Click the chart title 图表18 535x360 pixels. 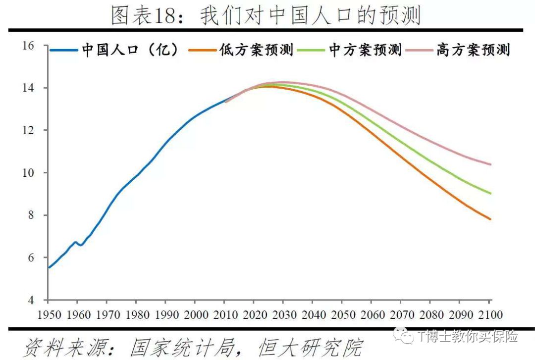pyautogui.click(x=266, y=16)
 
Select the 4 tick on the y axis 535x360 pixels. pyautogui.click(x=31, y=300)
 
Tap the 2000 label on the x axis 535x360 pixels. pyautogui.click(x=195, y=315)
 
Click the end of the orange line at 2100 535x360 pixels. pyautogui.click(x=490, y=219)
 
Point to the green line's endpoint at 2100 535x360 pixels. pyautogui.click(x=490, y=193)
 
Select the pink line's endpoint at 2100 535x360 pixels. pyautogui.click(x=490, y=164)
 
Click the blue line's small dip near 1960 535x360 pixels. pyautogui.click(x=80, y=245)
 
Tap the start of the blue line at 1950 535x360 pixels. pyautogui.click(x=49, y=267)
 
